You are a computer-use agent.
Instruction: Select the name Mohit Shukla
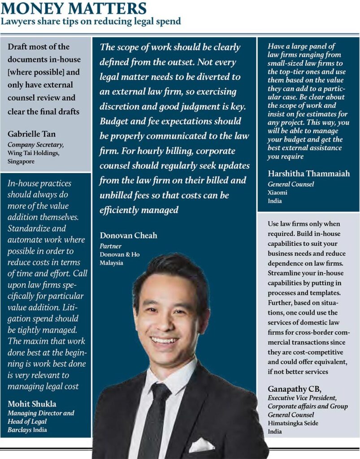tap(32, 404)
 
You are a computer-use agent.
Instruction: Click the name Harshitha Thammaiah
tap(308, 174)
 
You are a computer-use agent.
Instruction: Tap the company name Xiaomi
tap(277, 192)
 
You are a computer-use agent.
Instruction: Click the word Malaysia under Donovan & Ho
tap(111, 263)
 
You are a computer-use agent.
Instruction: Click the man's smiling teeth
tap(164, 340)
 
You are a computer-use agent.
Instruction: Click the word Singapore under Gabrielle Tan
tap(21, 160)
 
